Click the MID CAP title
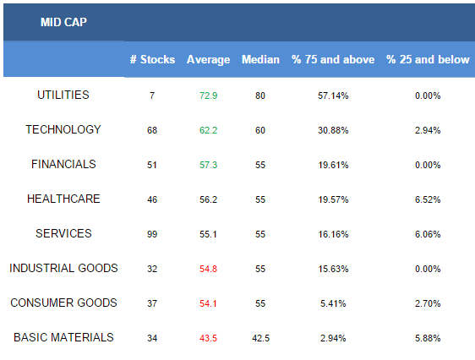click(x=63, y=22)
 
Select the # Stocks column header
click(x=153, y=59)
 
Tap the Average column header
click(x=209, y=60)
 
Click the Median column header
click(x=260, y=59)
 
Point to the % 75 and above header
click(x=333, y=59)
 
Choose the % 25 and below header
click(x=428, y=59)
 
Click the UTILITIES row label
click(x=63, y=95)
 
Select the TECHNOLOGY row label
click(x=63, y=129)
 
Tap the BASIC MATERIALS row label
click(x=63, y=337)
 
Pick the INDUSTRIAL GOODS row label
click(x=63, y=268)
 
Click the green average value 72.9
click(x=209, y=95)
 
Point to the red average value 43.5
click(x=209, y=338)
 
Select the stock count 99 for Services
click(x=152, y=234)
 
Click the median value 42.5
click(x=260, y=338)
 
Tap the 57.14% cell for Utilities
click(x=333, y=95)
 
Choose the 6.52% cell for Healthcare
click(x=428, y=199)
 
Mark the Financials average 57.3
click(x=209, y=165)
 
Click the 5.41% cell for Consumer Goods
click(x=333, y=303)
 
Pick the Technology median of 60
click(x=260, y=130)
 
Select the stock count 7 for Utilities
click(x=152, y=95)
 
